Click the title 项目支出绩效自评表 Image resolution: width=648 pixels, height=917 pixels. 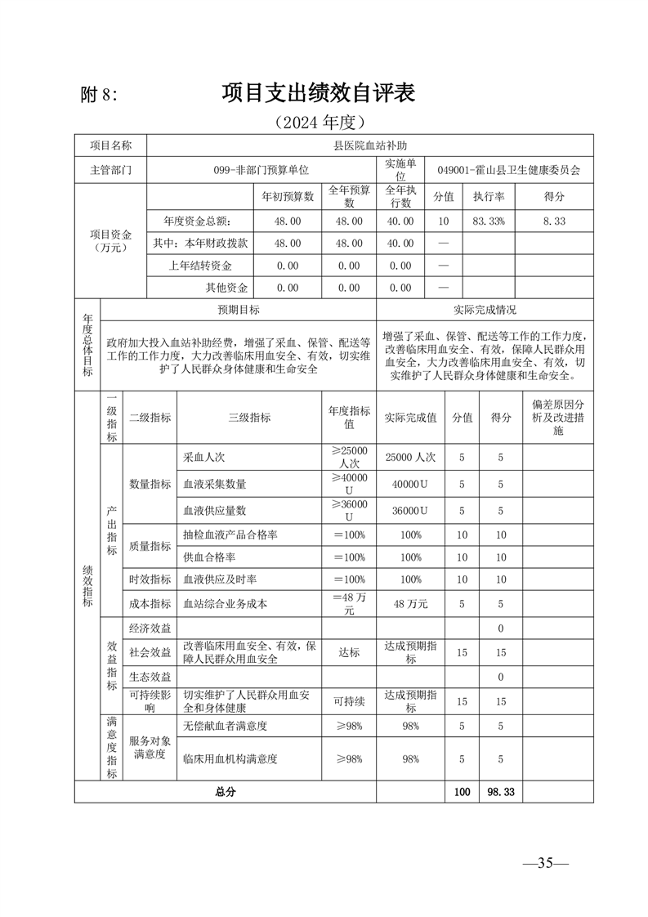319,93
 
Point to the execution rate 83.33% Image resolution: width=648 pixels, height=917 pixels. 489,221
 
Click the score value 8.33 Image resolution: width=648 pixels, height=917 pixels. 554,221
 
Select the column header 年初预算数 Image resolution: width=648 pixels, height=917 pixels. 288,197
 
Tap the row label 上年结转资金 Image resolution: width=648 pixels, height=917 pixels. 200,266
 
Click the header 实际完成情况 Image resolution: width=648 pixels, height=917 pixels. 485,311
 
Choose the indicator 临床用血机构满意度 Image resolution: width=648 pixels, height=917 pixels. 230,759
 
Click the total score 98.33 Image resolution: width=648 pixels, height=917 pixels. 501,791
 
